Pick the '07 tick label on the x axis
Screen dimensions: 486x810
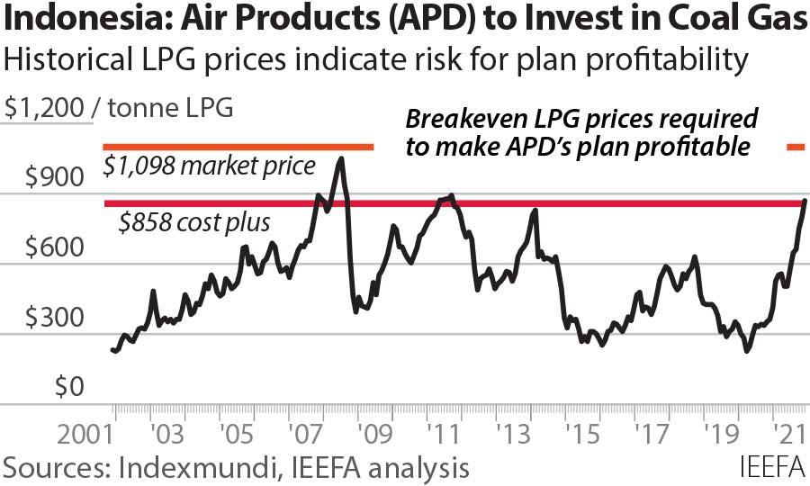[x=310, y=437]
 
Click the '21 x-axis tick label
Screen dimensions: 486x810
[x=789, y=437]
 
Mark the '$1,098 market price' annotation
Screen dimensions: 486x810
[x=209, y=166]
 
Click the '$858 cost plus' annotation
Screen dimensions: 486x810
[x=195, y=222]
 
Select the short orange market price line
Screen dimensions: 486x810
[x=238, y=147]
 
